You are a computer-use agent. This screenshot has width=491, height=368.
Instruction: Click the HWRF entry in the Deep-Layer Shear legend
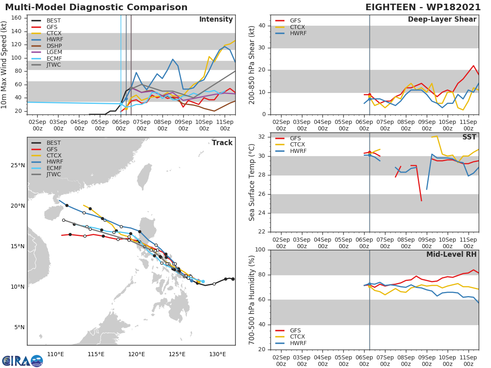click(298, 34)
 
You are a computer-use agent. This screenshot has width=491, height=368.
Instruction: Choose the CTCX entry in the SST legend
click(298, 145)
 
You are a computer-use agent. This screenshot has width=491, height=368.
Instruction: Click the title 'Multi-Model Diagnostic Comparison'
click(96, 7)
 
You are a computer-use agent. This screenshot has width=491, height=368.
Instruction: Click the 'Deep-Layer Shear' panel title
click(442, 20)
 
